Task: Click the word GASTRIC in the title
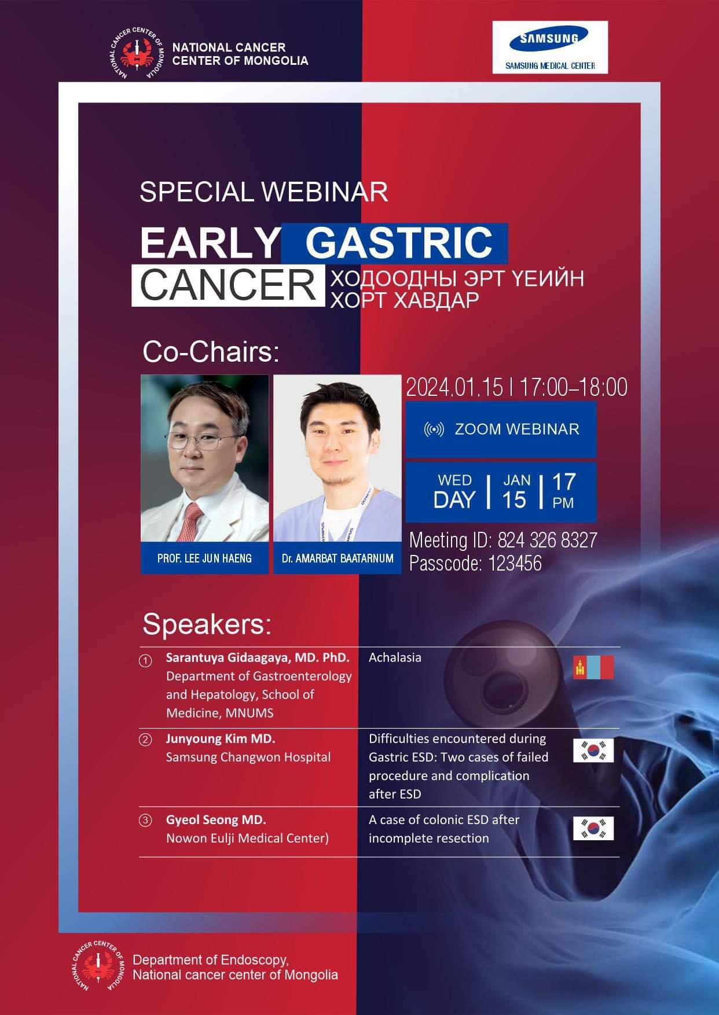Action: point(399,242)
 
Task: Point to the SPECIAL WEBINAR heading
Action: point(264,192)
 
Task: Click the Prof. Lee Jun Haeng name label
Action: point(204,558)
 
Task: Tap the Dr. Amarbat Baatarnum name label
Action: point(338,558)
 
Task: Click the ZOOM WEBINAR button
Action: point(501,429)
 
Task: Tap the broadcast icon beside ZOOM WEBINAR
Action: point(434,429)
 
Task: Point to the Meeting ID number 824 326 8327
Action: point(547,540)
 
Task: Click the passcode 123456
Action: point(515,563)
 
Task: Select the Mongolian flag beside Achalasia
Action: point(593,667)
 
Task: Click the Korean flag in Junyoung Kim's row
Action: point(593,750)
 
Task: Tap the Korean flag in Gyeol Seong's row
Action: point(593,828)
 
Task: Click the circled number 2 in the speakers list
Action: point(146,740)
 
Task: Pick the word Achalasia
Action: point(395,657)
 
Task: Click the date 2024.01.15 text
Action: point(454,387)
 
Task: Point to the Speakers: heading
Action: point(207,624)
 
